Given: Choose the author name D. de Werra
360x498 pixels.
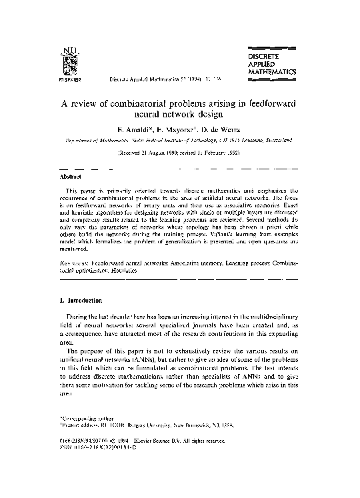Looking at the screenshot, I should tap(216, 130).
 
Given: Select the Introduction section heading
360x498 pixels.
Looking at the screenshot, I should tap(83, 301).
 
